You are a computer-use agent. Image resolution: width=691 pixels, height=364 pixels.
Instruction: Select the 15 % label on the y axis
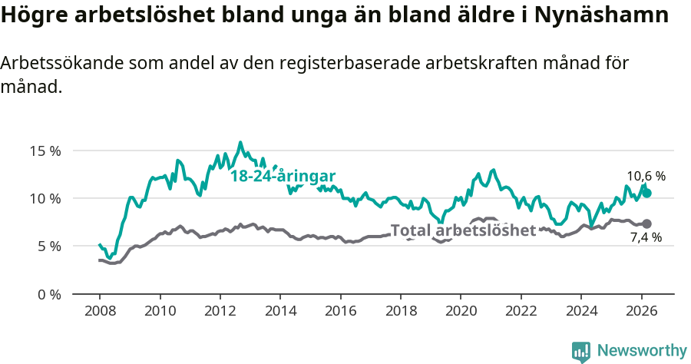[x=45, y=151]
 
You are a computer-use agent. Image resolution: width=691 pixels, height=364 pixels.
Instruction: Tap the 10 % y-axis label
[x=45, y=198]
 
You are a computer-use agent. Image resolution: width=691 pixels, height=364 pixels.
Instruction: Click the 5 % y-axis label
[x=48, y=247]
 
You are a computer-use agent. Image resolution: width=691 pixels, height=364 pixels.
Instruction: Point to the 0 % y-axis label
[x=48, y=294]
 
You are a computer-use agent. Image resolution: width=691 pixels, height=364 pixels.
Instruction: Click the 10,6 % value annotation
[x=646, y=176]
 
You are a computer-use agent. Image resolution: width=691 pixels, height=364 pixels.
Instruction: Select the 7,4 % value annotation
[x=646, y=238]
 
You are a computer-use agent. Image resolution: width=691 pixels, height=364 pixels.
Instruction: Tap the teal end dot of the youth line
[x=647, y=193]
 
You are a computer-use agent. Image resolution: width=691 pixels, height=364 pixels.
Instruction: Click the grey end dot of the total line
[x=647, y=223]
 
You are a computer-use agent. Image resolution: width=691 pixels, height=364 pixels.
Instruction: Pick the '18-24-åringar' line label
[x=283, y=176]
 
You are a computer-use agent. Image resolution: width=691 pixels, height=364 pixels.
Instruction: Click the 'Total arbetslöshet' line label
[x=463, y=230]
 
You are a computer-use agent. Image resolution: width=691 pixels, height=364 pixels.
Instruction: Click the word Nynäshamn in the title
[x=603, y=16]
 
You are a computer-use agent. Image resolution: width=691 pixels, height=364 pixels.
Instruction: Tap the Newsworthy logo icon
[x=581, y=351]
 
